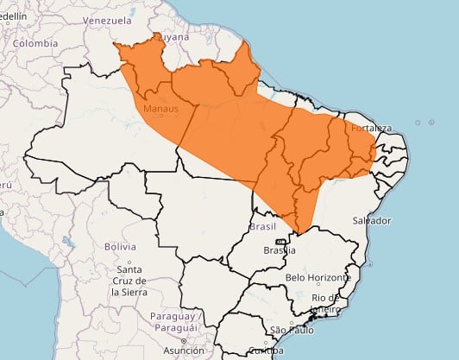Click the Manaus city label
tap(160, 109)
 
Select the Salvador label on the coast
tap(371, 220)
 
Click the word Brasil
tap(261, 226)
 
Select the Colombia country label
tap(35, 42)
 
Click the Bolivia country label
tap(120, 246)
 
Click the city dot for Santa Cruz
tap(129, 261)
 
